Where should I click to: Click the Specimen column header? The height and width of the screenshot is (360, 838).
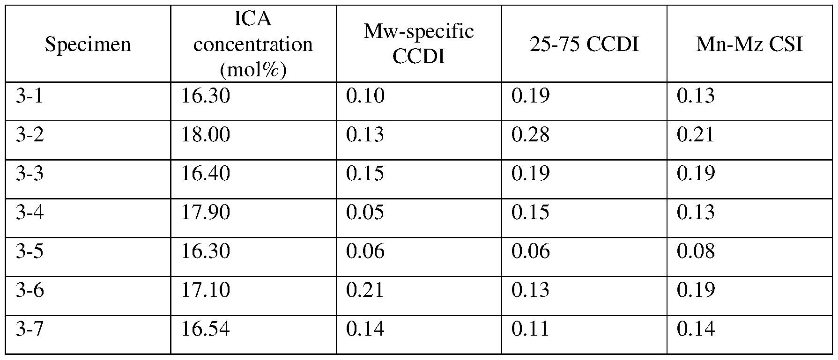(x=88, y=44)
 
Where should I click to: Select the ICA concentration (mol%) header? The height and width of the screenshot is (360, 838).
(x=253, y=44)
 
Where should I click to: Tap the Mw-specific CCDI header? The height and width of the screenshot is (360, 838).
(x=418, y=44)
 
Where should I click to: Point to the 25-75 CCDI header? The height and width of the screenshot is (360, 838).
(x=584, y=44)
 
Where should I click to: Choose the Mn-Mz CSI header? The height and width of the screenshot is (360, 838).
(x=749, y=44)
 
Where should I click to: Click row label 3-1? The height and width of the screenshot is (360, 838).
(x=29, y=96)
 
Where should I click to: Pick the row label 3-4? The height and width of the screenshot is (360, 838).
(x=30, y=213)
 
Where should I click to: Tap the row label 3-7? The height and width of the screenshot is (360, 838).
(x=30, y=329)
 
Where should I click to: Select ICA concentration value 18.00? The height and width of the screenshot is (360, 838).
(x=206, y=135)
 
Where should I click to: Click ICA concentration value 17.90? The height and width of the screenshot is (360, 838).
(x=206, y=213)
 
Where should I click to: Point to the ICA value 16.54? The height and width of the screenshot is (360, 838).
(x=206, y=329)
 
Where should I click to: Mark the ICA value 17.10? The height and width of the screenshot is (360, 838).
(x=206, y=290)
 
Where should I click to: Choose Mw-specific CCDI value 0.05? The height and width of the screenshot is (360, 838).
(x=365, y=213)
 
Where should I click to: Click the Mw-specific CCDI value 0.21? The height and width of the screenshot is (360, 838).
(x=365, y=290)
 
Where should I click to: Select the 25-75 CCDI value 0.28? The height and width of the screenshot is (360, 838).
(x=530, y=135)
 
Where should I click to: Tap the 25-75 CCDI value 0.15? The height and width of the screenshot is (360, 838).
(x=530, y=213)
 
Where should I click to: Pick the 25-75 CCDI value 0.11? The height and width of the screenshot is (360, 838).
(x=530, y=329)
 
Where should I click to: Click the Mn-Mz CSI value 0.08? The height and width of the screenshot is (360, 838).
(x=696, y=252)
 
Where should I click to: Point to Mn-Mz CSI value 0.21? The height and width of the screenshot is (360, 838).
(x=696, y=135)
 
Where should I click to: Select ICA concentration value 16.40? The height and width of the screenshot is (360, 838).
(x=206, y=174)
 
